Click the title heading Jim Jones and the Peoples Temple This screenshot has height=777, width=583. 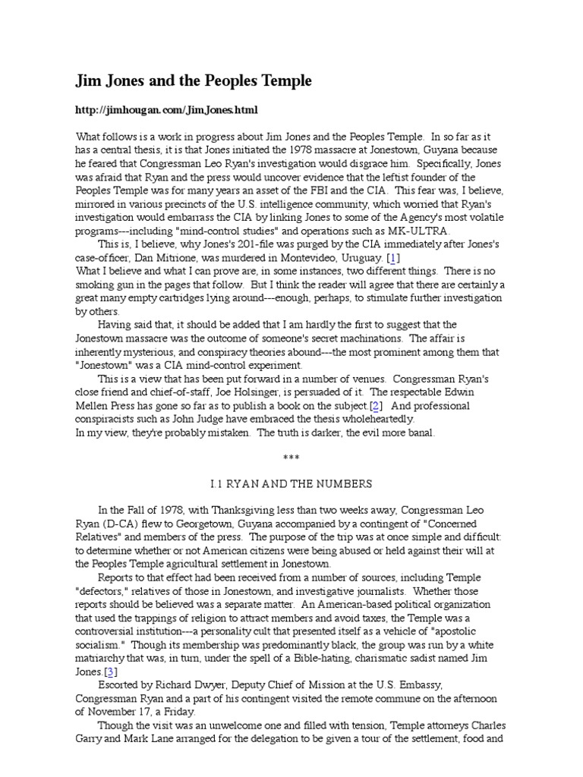193,80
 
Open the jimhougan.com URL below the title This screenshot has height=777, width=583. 166,110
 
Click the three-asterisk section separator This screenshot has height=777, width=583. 291,458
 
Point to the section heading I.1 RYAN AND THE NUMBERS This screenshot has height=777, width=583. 291,483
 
